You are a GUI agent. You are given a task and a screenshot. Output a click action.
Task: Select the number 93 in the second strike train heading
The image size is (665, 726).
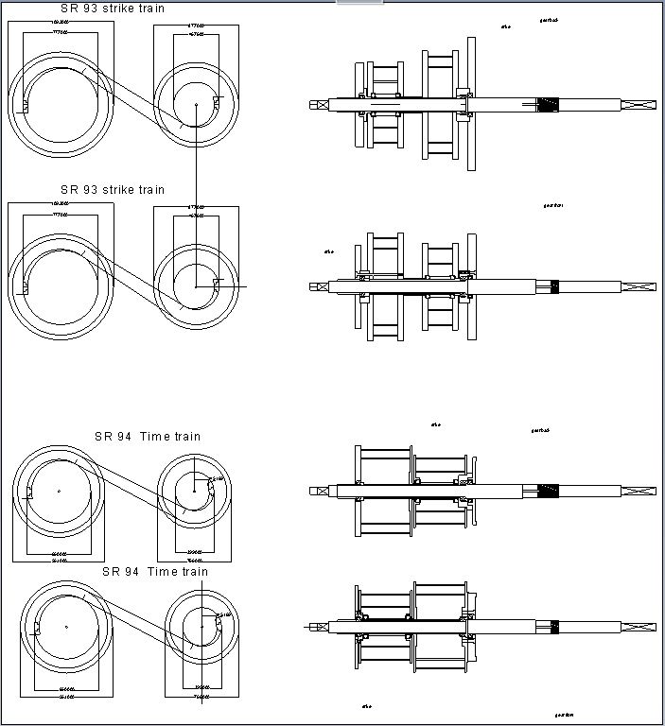(x=90, y=190)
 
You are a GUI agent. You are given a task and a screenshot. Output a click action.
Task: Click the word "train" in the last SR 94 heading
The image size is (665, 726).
(x=192, y=572)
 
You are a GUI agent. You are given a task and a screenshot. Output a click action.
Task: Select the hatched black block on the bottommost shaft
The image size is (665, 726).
(x=553, y=625)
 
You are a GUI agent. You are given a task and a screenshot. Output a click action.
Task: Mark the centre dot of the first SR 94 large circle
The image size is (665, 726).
(x=59, y=492)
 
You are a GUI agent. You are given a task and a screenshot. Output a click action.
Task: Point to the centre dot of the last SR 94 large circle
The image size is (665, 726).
(x=66, y=626)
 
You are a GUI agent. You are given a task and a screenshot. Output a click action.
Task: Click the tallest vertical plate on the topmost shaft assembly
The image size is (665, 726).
(x=470, y=104)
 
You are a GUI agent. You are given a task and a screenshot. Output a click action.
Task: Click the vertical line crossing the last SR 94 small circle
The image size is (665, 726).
(x=201, y=643)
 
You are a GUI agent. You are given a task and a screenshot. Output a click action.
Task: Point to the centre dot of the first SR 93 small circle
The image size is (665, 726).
(x=197, y=103)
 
